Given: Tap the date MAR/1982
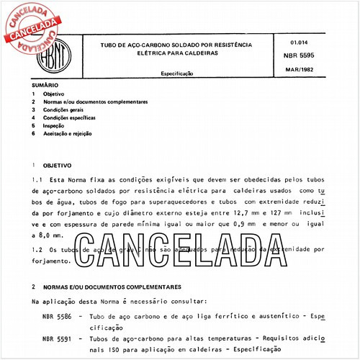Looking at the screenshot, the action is pos(297,71).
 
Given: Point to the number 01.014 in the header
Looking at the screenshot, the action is pos(289,42).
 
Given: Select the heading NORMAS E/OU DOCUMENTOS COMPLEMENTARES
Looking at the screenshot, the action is pos(113,286).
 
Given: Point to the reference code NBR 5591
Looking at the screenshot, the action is pos(56,338).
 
